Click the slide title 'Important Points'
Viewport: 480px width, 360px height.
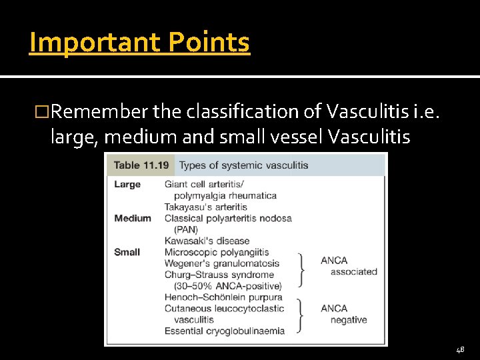139,43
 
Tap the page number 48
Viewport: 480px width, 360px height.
460,349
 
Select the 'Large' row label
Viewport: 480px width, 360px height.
127,184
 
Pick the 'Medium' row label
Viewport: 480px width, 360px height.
133,218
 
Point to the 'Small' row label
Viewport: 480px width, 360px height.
127,252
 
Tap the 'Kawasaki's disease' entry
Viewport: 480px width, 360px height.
207,241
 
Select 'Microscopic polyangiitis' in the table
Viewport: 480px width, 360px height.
217,252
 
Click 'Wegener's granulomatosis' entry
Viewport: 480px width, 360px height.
221,263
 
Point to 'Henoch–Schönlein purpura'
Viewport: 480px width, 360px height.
223,297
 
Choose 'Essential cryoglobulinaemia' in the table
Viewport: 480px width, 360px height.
225,331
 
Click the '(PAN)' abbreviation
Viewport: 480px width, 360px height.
186,229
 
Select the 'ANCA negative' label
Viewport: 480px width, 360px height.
343,314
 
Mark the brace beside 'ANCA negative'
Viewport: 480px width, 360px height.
301,314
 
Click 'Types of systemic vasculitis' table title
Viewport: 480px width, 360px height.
243,165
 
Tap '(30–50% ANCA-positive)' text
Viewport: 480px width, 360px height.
220,286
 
